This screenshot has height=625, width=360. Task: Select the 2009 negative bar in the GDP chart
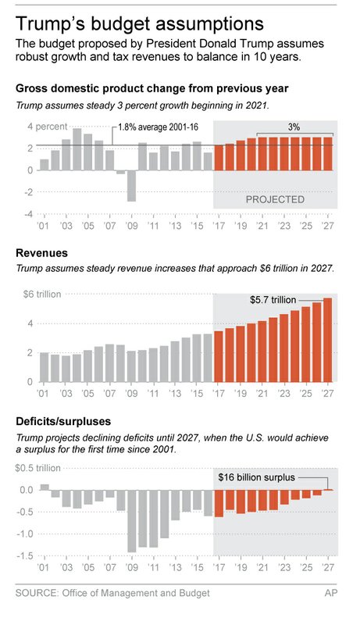pos(132,185)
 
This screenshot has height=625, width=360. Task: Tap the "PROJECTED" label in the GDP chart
pos(275,199)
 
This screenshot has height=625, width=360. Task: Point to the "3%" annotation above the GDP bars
pos(294,127)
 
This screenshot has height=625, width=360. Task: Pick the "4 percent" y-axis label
pos(31,127)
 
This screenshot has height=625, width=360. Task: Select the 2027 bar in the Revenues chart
pos(327,340)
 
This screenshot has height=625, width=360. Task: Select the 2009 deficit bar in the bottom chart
pos(132,521)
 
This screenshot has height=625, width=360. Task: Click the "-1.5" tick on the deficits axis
pos(26,555)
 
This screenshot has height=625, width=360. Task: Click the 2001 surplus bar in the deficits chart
pos(45,487)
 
